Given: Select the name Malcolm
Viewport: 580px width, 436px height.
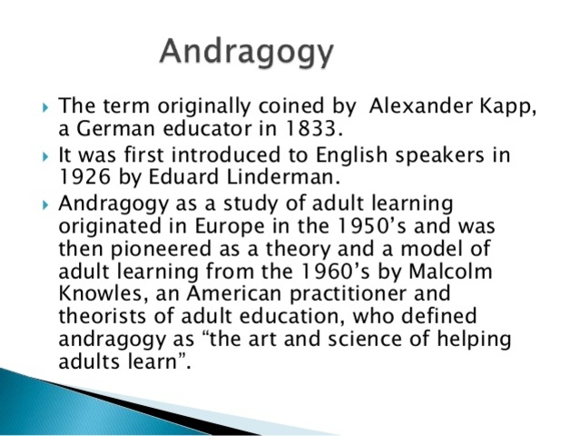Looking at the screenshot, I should (448, 272).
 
